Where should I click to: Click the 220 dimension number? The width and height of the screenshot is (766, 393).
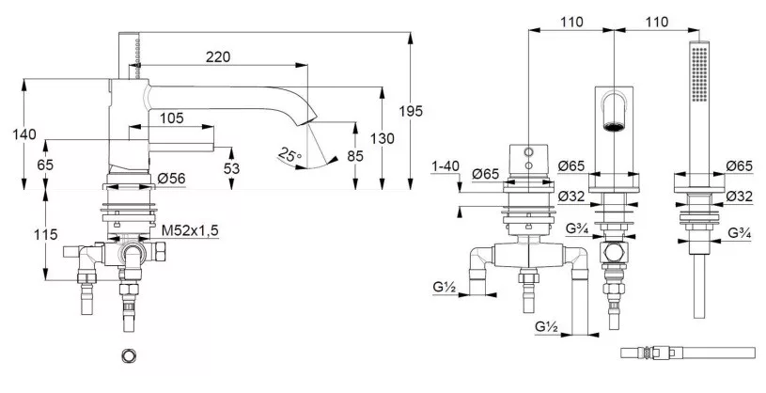(217, 56)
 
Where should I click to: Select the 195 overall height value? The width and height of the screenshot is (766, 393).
(411, 112)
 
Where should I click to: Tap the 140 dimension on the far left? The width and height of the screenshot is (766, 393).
(23, 134)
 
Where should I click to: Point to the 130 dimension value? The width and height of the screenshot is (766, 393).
(382, 139)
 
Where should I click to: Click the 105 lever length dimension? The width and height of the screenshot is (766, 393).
(171, 118)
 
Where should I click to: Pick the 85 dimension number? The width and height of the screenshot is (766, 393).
(355, 156)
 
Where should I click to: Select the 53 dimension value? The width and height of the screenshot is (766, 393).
(231, 168)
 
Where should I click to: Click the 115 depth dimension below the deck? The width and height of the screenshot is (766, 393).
(46, 235)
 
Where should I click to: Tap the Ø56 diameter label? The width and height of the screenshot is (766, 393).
(171, 179)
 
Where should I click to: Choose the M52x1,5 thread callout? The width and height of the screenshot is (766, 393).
(190, 230)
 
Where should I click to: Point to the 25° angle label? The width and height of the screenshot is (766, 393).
(289, 155)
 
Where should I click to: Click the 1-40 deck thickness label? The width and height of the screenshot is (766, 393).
(446, 166)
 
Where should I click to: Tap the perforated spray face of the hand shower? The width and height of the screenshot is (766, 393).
(699, 74)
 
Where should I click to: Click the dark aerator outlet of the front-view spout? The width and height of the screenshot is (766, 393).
(614, 127)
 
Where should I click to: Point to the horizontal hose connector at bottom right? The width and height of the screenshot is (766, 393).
(688, 353)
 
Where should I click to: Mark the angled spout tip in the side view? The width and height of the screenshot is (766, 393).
(307, 119)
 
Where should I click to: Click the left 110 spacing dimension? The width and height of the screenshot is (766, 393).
(571, 22)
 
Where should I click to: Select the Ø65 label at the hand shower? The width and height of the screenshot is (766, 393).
(739, 166)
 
